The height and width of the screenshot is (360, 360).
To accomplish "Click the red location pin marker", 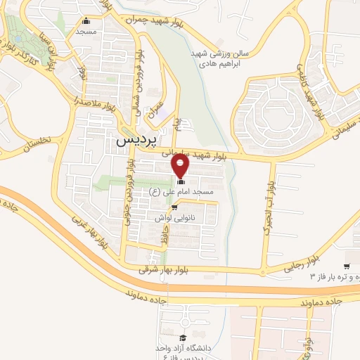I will point(181,166).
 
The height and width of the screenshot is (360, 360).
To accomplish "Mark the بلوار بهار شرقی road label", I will point(143,269).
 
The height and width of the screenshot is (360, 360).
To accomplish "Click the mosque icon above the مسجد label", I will point(86,20).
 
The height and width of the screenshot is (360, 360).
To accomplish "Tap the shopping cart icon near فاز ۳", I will point(347,266).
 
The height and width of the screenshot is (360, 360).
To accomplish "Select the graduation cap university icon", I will point(184,338).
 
